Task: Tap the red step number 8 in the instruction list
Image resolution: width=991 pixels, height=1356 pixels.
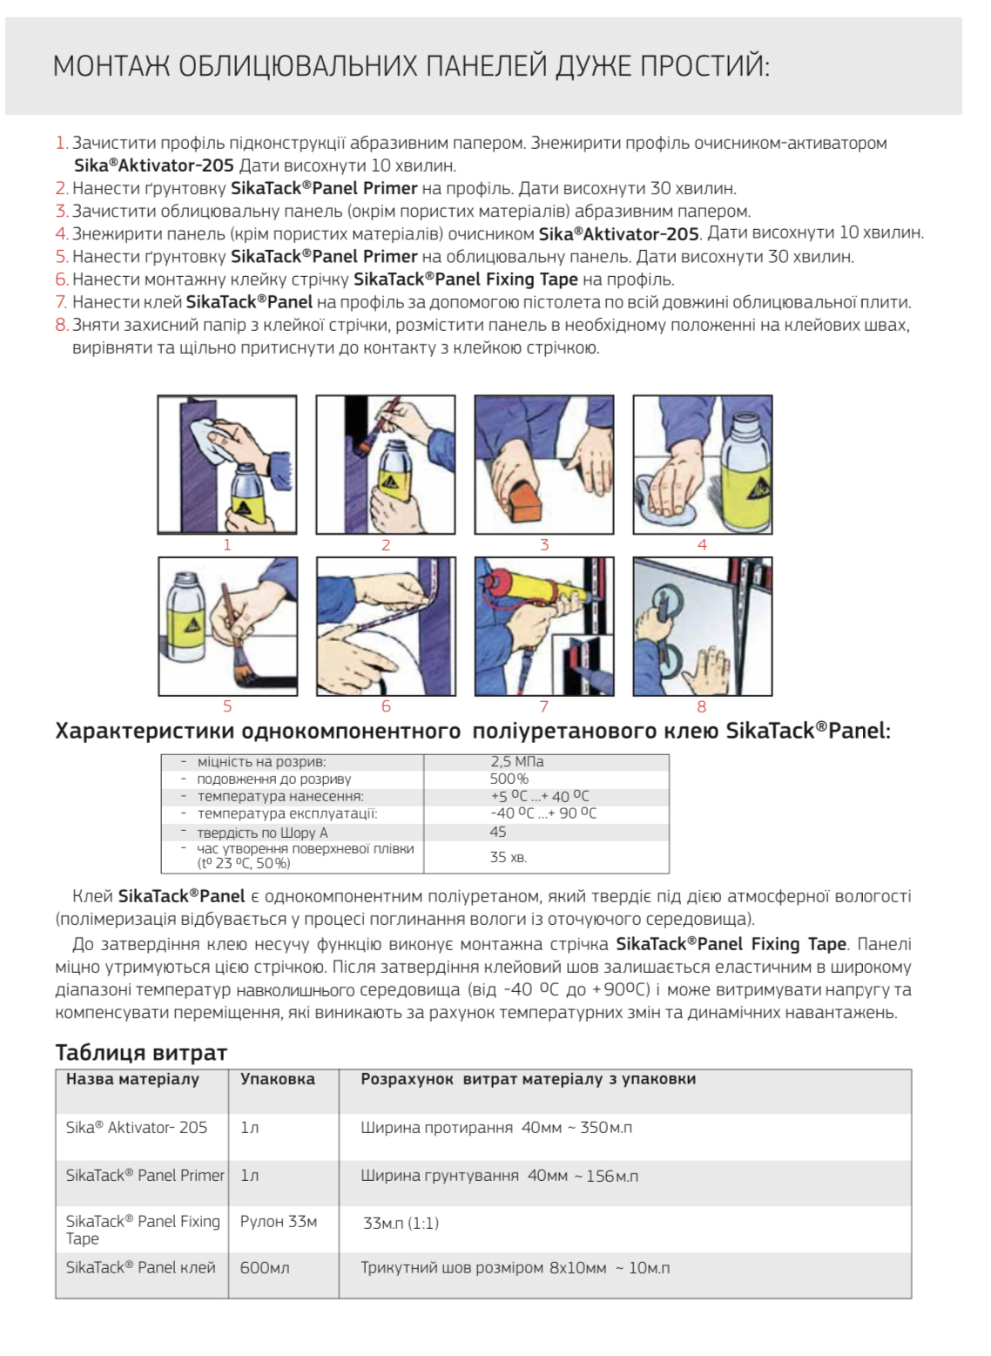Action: click(61, 326)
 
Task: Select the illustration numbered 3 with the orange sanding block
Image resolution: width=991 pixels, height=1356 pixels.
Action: click(543, 464)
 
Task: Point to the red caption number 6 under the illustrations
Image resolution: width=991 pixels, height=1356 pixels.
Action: click(386, 706)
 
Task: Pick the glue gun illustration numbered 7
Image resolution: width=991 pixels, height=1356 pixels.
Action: click(543, 626)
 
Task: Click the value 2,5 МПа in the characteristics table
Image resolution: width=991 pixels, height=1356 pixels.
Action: click(516, 762)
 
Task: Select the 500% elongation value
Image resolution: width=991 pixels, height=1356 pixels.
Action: click(509, 779)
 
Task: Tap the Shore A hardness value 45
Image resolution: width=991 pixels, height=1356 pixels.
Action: click(498, 832)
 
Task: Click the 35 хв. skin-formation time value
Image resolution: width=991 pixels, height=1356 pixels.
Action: click(508, 857)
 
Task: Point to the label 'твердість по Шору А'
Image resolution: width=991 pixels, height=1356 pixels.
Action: click(262, 833)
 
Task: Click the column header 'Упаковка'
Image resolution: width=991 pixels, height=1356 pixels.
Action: click(277, 1079)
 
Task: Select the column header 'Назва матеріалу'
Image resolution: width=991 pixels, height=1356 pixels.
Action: click(132, 1079)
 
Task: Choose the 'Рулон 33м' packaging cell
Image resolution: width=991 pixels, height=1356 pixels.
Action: click(279, 1222)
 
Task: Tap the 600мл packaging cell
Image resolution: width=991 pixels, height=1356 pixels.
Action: click(265, 1268)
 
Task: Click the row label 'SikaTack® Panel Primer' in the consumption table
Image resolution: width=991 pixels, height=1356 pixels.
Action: click(145, 1176)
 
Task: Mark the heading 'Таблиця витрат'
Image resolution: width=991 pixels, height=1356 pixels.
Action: click(141, 1053)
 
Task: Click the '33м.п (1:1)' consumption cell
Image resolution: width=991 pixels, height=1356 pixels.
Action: click(401, 1224)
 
